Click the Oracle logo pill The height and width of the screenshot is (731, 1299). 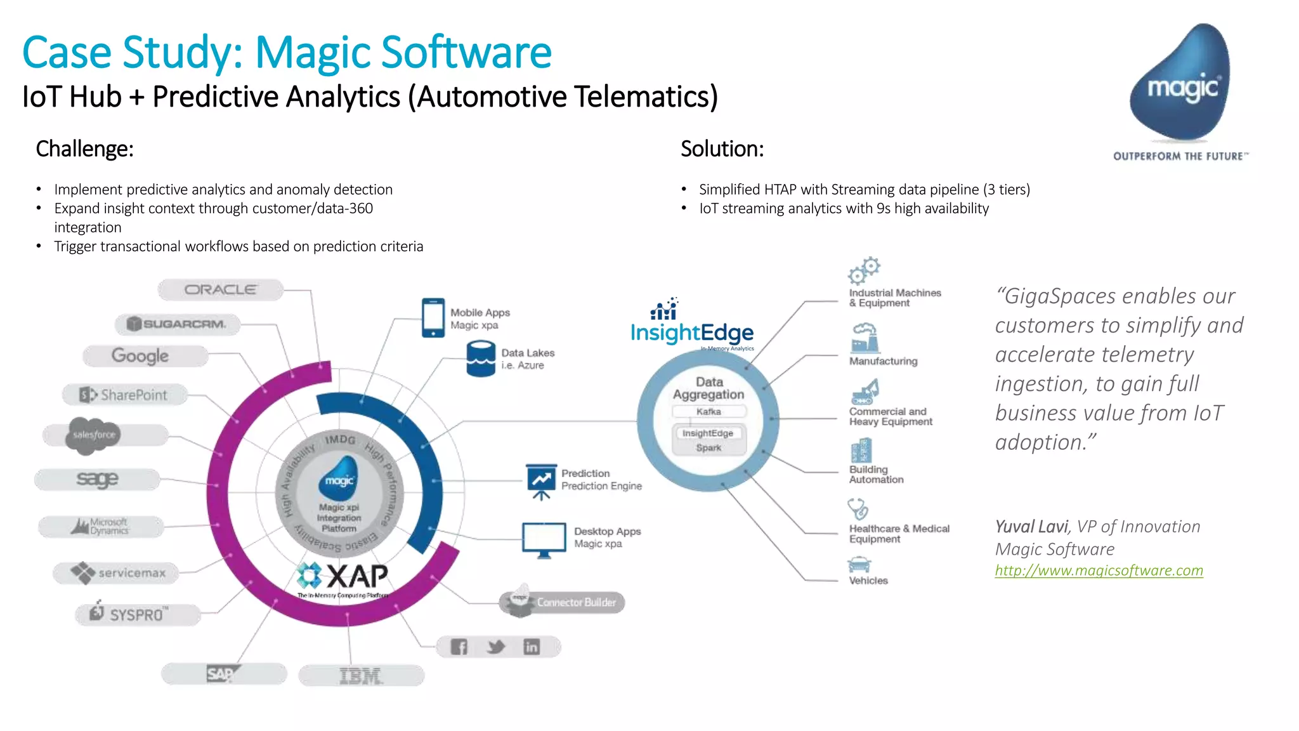[x=220, y=290]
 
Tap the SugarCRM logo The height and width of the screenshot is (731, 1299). [x=178, y=324]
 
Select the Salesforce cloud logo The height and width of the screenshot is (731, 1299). [x=93, y=435]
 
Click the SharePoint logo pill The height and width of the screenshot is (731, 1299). [x=125, y=395]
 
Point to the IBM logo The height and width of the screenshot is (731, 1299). [x=361, y=676]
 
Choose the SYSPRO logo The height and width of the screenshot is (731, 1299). [x=137, y=614]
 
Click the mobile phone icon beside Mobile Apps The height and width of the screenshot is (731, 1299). [x=433, y=318]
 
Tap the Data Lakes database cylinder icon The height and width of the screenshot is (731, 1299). [x=481, y=359]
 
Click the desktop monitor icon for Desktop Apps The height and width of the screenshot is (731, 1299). [x=544, y=540]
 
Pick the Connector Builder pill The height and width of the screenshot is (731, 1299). [x=562, y=602]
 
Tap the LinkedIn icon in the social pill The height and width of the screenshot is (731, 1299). [x=531, y=647]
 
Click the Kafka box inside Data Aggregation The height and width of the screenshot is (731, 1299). [x=708, y=412]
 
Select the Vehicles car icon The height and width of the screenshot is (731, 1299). [x=859, y=564]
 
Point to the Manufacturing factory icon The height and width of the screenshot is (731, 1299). [x=864, y=338]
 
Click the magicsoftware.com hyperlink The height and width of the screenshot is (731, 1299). [x=1099, y=570]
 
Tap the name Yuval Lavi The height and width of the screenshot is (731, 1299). [x=1031, y=527]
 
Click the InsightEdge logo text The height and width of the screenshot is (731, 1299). [x=692, y=333]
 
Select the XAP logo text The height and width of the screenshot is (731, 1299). [x=356, y=576]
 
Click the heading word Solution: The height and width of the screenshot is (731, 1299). [x=722, y=149]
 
